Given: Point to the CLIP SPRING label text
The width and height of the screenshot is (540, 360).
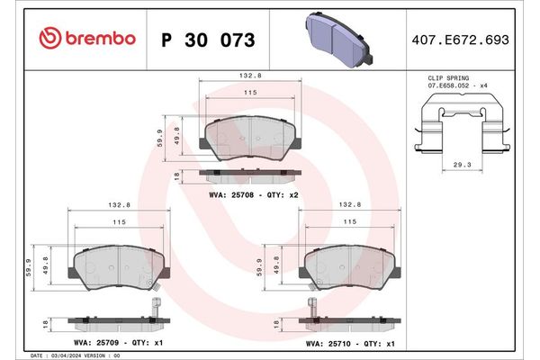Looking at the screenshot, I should click(x=449, y=80).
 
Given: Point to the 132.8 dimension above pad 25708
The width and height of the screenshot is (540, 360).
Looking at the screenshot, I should click(x=252, y=78).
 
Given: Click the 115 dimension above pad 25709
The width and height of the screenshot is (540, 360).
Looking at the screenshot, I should click(x=119, y=221).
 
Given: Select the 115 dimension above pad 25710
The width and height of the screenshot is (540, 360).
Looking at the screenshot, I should click(x=351, y=221).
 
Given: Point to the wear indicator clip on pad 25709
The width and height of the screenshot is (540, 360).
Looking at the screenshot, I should click(x=155, y=302).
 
